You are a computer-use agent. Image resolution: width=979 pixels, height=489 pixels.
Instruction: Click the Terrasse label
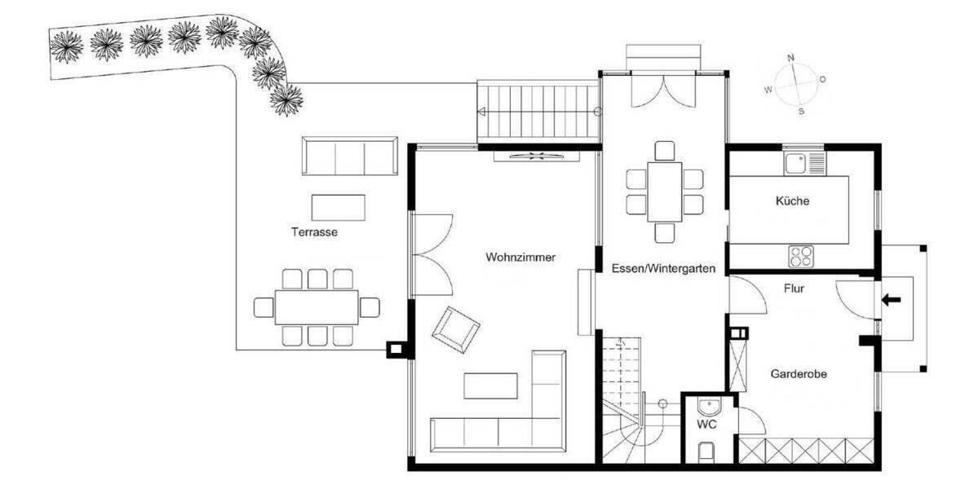click(x=314, y=232)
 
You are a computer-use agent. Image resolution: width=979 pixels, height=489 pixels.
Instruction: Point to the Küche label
click(x=792, y=200)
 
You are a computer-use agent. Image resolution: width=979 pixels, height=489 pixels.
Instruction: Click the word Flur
click(x=795, y=288)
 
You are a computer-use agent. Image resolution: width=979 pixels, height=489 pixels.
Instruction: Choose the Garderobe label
click(x=799, y=374)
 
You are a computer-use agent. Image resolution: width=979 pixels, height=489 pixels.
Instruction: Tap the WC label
click(x=707, y=425)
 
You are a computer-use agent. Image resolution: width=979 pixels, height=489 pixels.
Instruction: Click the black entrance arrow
click(x=891, y=300)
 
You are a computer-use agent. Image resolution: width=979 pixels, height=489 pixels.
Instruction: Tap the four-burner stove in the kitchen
click(x=801, y=256)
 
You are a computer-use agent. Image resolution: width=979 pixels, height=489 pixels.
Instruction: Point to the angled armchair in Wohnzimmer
click(x=455, y=329)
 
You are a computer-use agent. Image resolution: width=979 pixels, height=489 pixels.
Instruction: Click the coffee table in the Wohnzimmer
click(x=490, y=385)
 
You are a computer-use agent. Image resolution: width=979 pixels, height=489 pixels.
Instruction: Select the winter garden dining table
click(x=665, y=192)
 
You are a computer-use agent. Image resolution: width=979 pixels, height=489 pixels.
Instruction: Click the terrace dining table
click(x=316, y=307)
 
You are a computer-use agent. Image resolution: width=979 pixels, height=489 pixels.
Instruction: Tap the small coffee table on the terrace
click(x=339, y=206)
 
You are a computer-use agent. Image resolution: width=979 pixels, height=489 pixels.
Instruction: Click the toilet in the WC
click(x=707, y=452)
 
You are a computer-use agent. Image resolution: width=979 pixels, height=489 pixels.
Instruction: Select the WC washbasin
click(x=709, y=405)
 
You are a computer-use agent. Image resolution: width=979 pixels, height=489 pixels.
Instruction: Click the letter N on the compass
click(x=790, y=58)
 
